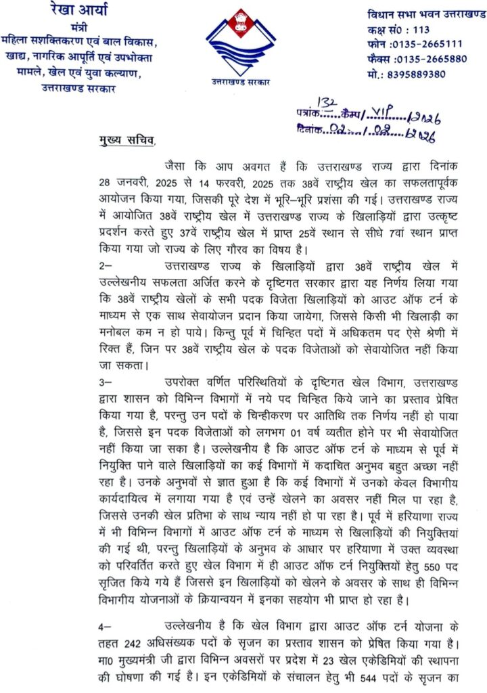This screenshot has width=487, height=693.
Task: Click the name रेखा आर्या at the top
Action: coord(83,11)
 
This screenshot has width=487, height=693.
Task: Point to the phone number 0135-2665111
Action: coord(423,44)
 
